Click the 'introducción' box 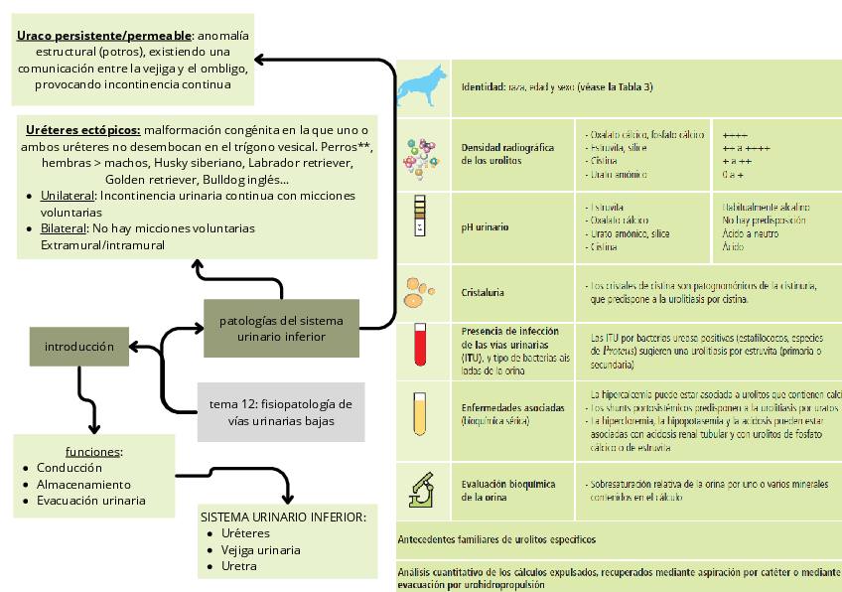coord(79,347)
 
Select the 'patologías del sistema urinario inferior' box coord(281,329)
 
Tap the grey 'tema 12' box coord(281,412)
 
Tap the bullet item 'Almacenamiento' coord(82,484)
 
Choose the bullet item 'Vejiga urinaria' coord(261,549)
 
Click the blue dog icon coord(420,87)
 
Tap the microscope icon coord(420,486)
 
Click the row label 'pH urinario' coord(485,227)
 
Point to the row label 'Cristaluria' coord(483,293)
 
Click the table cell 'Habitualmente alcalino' coord(765,208)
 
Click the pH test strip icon coord(420,217)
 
